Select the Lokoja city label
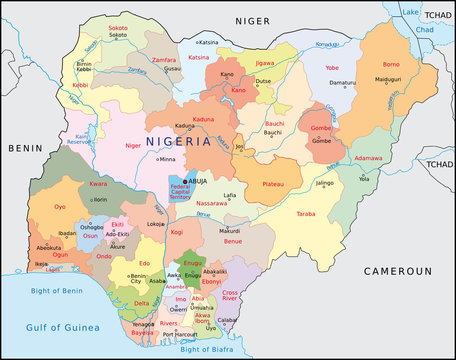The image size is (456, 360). pyautogui.click(x=156, y=224)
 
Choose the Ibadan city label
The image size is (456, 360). pyautogui.click(x=67, y=232)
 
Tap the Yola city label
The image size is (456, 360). pyautogui.click(x=364, y=179)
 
